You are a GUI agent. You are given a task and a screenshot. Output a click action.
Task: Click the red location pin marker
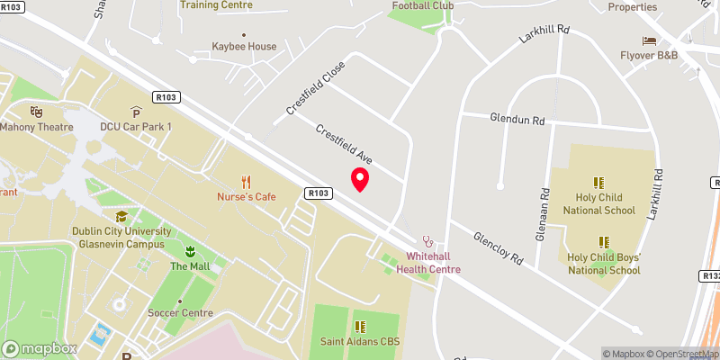[360, 179]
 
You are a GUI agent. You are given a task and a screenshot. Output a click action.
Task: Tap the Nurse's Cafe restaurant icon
[246, 182]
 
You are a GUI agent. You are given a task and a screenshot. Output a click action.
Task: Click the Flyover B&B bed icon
[648, 40]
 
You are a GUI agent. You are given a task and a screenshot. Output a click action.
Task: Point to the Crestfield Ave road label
[344, 144]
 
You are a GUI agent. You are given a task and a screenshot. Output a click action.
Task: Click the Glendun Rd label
[517, 119]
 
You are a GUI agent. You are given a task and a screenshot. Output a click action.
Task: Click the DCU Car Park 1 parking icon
[136, 112]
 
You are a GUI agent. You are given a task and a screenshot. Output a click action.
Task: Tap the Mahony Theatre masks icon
[36, 112]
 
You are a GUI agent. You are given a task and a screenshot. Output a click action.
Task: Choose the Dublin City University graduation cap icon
[121, 216]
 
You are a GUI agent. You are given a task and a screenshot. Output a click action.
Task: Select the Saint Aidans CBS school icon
[360, 327]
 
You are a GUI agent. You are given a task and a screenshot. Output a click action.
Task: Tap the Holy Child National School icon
[598, 182]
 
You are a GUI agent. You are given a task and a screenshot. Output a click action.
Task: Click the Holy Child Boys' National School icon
[603, 241]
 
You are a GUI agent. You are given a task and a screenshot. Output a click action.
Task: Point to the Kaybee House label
[244, 46]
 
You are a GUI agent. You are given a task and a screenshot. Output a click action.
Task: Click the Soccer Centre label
[180, 313]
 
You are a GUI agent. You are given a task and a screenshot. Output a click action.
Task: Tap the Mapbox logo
[40, 348]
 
